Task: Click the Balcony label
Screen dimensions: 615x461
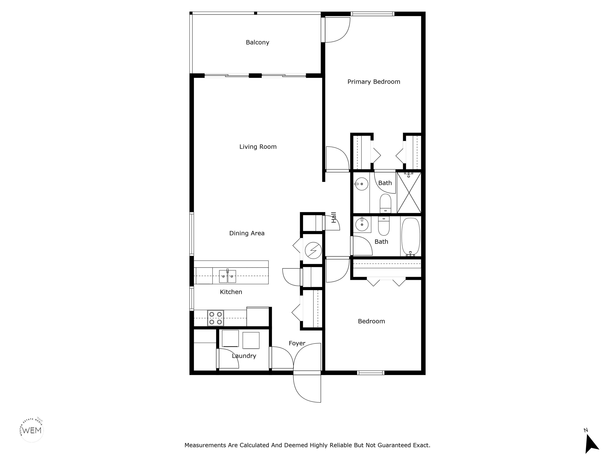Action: tap(257, 42)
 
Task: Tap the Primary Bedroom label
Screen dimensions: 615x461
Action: tap(374, 82)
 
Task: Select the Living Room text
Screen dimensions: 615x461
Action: tap(258, 147)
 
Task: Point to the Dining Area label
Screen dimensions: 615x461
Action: tap(247, 233)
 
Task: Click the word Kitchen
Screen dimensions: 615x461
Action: tap(231, 292)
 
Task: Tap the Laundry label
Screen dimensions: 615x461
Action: tap(244, 356)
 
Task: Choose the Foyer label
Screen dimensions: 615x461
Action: tap(297, 344)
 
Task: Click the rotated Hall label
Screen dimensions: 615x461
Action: tap(334, 217)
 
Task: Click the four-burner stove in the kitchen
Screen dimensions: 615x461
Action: tap(215, 318)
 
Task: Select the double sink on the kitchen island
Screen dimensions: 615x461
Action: tap(227, 277)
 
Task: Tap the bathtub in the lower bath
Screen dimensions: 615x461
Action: tap(411, 237)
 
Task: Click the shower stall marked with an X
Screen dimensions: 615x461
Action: tap(409, 193)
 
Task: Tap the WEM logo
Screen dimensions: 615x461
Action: tap(32, 430)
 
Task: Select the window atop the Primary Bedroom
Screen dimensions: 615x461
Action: tap(373, 14)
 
